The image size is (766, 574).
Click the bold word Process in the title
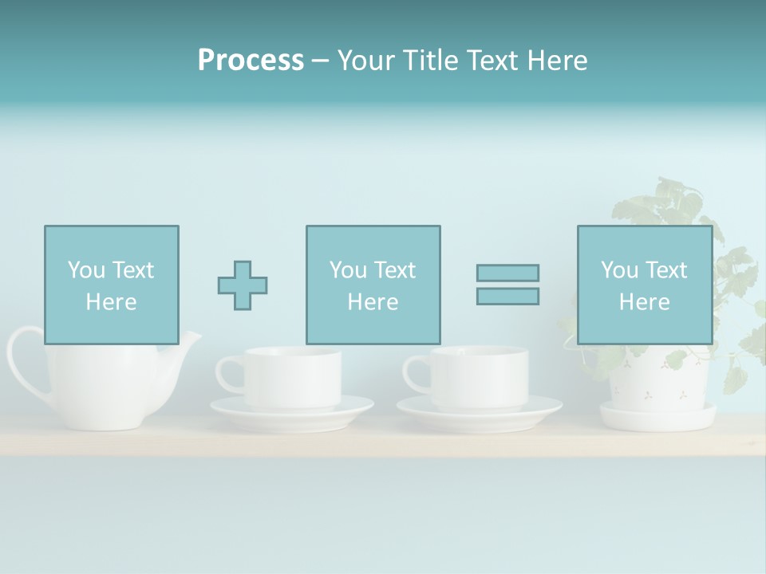(x=251, y=61)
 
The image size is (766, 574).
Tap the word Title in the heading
(x=431, y=61)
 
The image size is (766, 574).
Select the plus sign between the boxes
(x=243, y=285)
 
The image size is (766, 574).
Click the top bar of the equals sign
(x=507, y=273)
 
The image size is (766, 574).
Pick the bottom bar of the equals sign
(x=507, y=297)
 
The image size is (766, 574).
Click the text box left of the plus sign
(x=112, y=285)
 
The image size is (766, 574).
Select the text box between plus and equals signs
(x=373, y=285)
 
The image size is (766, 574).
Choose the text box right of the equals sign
(x=644, y=285)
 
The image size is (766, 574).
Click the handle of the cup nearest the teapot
(x=227, y=373)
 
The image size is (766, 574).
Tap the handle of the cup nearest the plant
(x=415, y=373)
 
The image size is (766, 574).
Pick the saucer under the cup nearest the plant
(x=479, y=411)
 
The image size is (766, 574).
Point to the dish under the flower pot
(x=658, y=415)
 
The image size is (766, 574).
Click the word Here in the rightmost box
(x=644, y=301)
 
